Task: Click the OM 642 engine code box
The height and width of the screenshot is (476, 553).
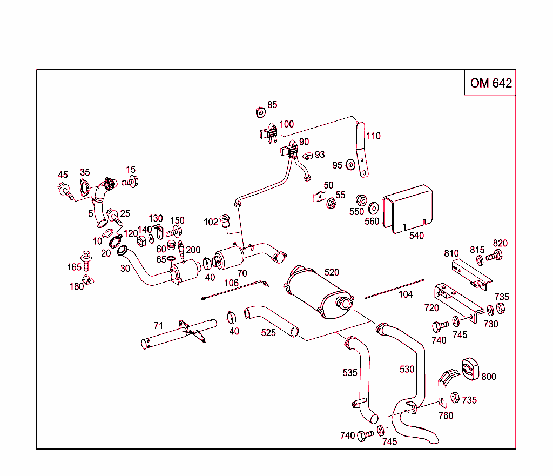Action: pyautogui.click(x=490, y=83)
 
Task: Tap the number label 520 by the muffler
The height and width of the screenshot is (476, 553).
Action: pyautogui.click(x=332, y=272)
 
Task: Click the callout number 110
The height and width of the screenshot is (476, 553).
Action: pyautogui.click(x=373, y=136)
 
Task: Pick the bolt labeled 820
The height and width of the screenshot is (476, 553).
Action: pyautogui.click(x=494, y=257)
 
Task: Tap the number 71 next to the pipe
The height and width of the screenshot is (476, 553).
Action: pyautogui.click(x=158, y=326)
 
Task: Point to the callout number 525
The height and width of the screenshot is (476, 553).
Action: pyautogui.click(x=268, y=333)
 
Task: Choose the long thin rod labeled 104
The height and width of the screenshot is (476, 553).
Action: pyautogui.click(x=394, y=289)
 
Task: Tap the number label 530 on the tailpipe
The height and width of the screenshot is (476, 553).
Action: pyautogui.click(x=407, y=369)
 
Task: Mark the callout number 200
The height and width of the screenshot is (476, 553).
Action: pyautogui.click(x=193, y=250)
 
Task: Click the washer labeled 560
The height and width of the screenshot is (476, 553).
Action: pyautogui.click(x=373, y=208)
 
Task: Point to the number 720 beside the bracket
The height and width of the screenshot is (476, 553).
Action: pyautogui.click(x=431, y=308)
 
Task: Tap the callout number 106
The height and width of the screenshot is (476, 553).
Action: pyautogui.click(x=231, y=283)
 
